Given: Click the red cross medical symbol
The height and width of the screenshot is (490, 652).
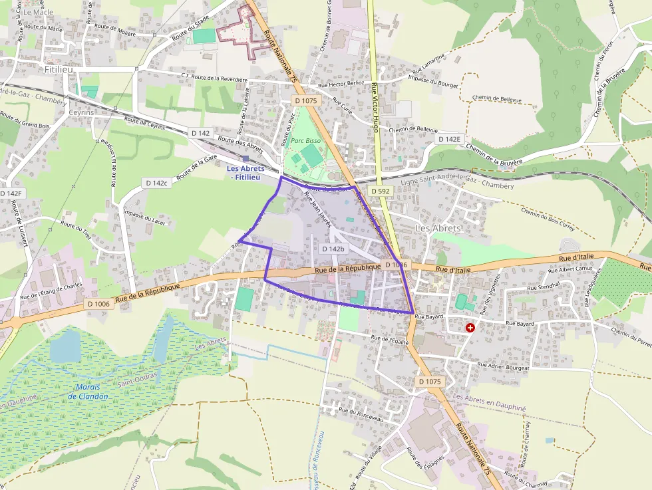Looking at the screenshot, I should point(470,328).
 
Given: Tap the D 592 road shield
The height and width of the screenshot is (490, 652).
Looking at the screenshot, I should point(380,191).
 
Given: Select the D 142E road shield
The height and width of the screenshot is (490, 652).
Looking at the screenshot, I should point(449,139).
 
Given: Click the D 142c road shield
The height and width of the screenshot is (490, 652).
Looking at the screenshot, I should point(156,182).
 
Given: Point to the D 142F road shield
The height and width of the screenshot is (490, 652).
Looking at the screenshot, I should point(11,193).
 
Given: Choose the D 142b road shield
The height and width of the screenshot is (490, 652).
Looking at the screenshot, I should point(333,249).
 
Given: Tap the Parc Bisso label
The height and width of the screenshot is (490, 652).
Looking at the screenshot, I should point(305,142).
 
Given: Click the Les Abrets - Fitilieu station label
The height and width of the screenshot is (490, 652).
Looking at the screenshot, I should point(245,172).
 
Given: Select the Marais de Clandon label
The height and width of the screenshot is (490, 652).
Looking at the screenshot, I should point(87,392).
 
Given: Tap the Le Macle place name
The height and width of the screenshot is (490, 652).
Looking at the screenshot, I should point(37,12).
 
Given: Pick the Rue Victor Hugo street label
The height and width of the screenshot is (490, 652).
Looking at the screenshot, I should point(375,106).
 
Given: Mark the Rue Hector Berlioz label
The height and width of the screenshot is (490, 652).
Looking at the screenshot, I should point(341,84).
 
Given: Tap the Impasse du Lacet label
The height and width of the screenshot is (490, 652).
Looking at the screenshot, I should point(144,215).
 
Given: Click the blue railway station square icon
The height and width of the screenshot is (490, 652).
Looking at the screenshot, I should point(245,158).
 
